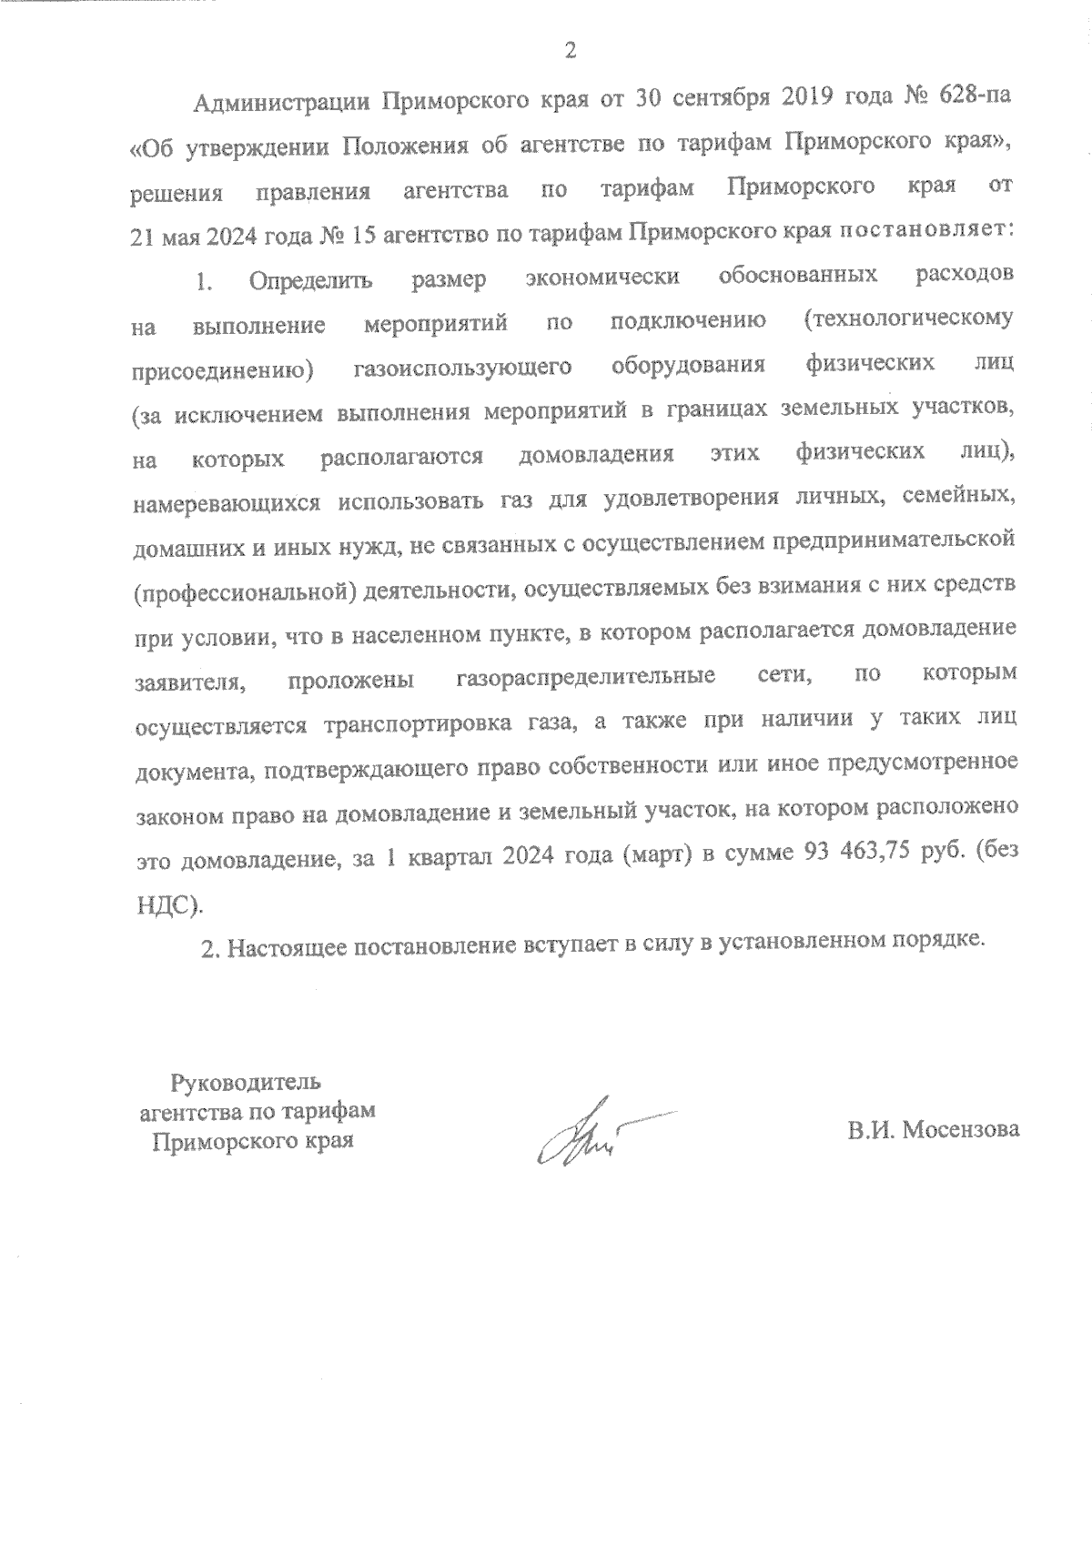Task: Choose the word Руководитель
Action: tap(246, 1083)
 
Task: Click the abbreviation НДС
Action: tap(162, 904)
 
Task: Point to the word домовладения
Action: tap(596, 455)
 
